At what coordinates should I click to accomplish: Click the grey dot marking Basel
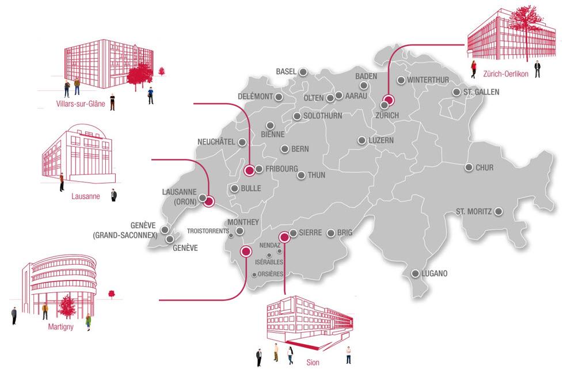click(303, 72)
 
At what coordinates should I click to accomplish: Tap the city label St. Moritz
click(473, 211)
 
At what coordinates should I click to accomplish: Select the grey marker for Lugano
click(415, 273)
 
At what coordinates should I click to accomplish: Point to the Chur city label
click(485, 168)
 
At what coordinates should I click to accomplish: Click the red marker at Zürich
click(389, 100)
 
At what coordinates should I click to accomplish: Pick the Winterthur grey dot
click(401, 80)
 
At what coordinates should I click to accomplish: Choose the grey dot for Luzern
click(362, 140)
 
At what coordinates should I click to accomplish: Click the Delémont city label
click(254, 97)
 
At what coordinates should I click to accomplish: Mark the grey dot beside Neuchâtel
click(242, 142)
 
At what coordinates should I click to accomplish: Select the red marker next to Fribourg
click(249, 170)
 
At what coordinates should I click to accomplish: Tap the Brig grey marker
click(331, 233)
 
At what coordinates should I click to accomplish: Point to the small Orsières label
click(271, 274)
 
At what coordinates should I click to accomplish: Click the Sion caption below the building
click(313, 363)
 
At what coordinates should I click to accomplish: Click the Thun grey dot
click(300, 175)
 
